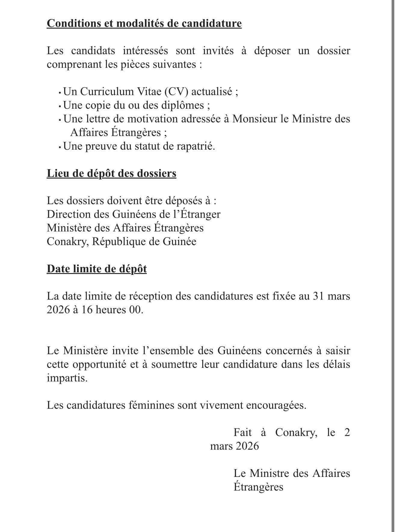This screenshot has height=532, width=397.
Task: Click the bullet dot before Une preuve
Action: tap(60, 148)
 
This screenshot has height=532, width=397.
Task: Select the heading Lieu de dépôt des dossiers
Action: tap(111, 173)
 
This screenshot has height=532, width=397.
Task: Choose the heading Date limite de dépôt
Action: tap(97, 269)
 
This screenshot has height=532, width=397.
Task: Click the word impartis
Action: tap(67, 378)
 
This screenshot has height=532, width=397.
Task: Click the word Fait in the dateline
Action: tap(243, 433)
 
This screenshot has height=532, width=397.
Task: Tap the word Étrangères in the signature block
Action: tap(258, 487)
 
